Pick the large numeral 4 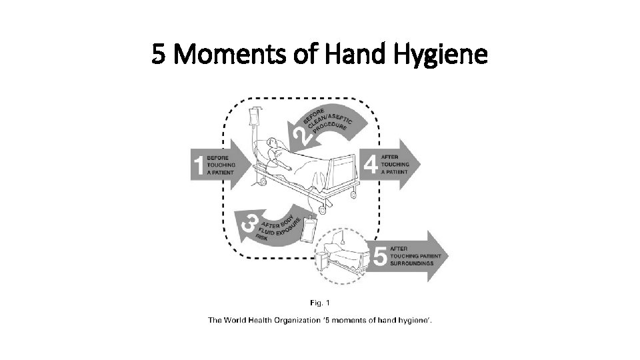pos(371,163)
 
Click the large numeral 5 pos(381,255)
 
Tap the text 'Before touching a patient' pos(221,165)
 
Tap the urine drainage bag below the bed pos(309,231)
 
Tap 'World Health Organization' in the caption pos(266,320)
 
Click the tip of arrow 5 pos(448,255)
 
